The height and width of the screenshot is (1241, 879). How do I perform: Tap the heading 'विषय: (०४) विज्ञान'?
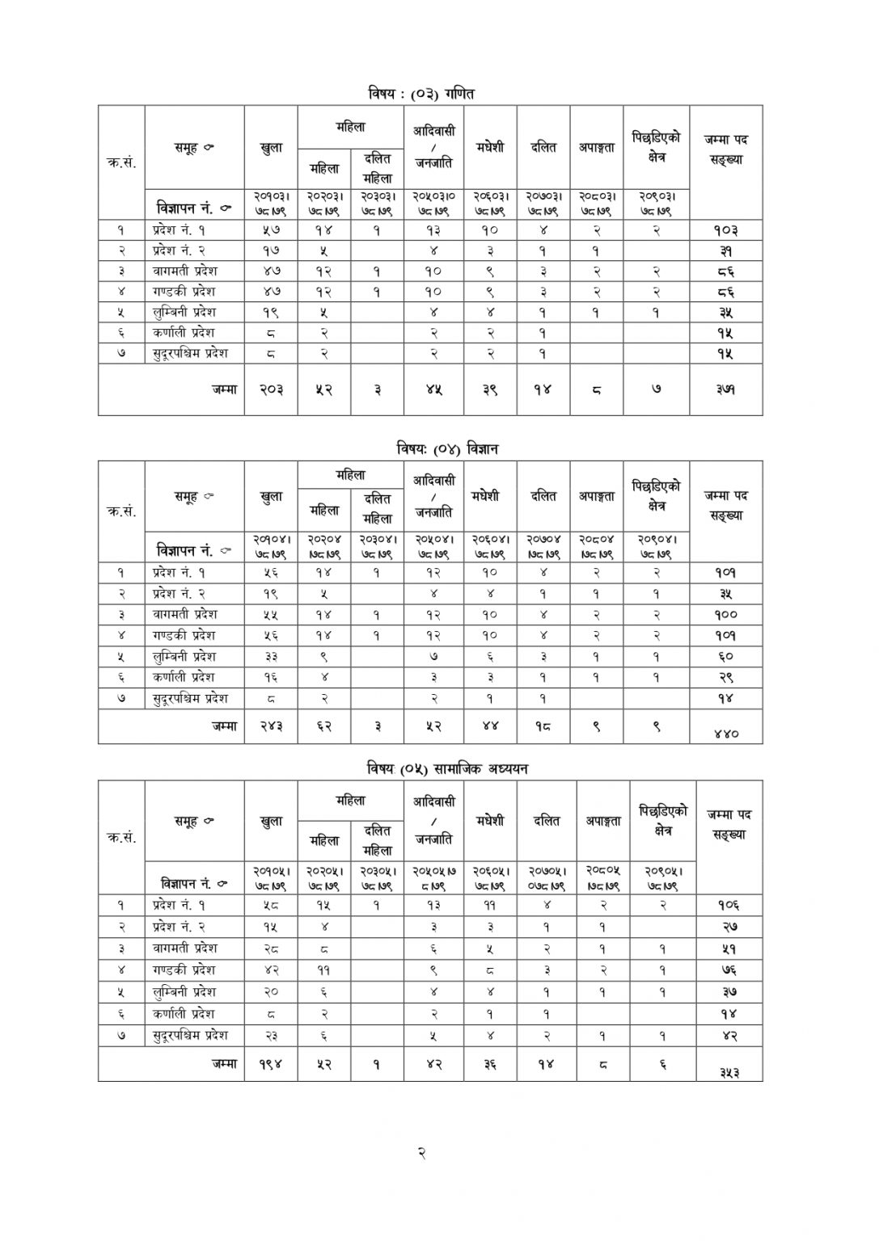(x=447, y=449)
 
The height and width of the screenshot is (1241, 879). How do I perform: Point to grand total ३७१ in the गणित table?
(x=725, y=389)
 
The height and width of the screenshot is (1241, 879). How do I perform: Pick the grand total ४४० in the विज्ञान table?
(x=726, y=733)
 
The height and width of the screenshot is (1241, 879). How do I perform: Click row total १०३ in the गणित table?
(x=726, y=229)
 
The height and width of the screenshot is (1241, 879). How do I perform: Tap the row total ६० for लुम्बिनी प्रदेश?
(x=725, y=656)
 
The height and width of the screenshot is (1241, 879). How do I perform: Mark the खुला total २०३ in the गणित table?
(x=271, y=389)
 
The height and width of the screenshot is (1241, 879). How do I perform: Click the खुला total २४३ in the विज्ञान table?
(x=271, y=726)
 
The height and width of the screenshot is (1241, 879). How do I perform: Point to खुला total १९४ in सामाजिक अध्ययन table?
(x=271, y=1064)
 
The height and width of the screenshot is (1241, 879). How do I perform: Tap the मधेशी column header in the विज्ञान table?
(x=489, y=496)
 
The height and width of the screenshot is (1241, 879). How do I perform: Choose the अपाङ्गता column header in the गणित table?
(x=596, y=147)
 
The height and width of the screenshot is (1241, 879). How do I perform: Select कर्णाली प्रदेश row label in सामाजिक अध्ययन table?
(x=184, y=1013)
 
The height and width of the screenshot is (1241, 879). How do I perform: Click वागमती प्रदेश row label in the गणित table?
(x=185, y=271)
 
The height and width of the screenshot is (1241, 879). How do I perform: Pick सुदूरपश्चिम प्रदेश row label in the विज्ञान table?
(x=191, y=697)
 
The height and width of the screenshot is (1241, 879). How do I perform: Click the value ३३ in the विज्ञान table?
(x=271, y=656)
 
